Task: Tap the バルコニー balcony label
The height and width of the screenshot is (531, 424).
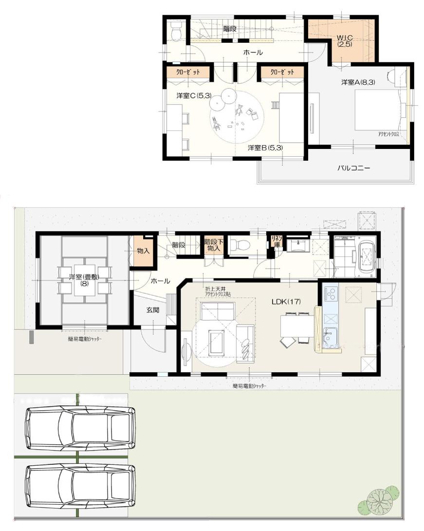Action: [x=354, y=168]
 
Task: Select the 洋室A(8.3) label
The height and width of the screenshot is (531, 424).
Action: [x=357, y=83]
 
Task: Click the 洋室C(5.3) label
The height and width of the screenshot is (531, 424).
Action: [x=194, y=95]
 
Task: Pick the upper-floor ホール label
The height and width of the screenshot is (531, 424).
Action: [x=253, y=52]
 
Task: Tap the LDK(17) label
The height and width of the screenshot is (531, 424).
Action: [x=286, y=302]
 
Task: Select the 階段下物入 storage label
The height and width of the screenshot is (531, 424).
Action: [x=213, y=244]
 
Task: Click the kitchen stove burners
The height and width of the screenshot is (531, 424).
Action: [x=331, y=294]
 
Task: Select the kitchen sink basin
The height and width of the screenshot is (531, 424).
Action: [x=331, y=335]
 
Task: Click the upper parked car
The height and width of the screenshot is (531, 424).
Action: [x=80, y=429]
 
